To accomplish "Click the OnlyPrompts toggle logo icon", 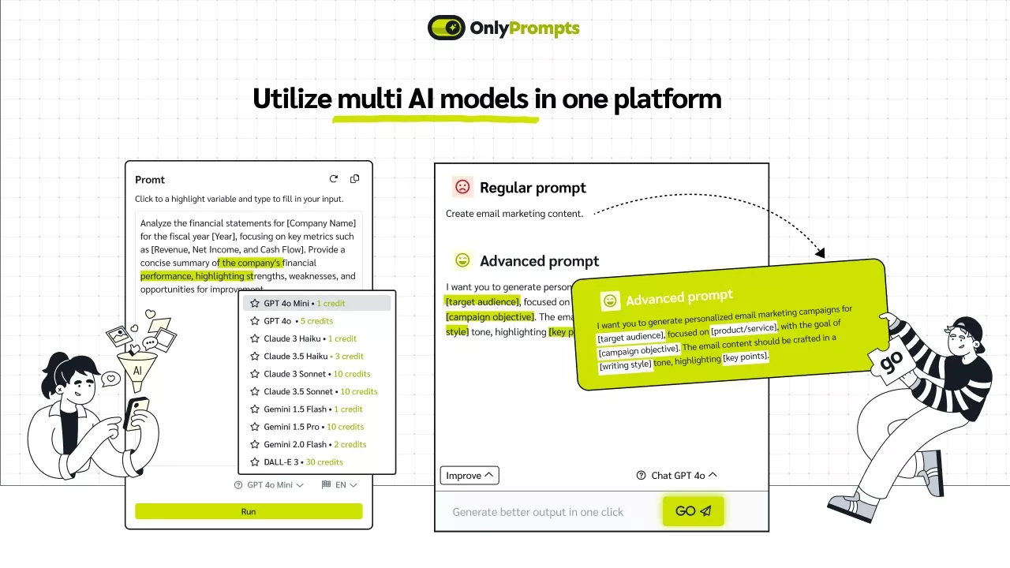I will click(446, 28).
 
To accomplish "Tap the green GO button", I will click(693, 511).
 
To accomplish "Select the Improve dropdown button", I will click(469, 476).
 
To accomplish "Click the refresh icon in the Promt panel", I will click(333, 179).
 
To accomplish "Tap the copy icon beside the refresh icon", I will click(354, 179).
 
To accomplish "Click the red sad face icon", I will click(462, 187).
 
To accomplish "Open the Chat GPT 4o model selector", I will click(677, 476).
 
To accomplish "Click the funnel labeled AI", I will click(137, 369).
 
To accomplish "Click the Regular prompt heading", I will click(533, 188).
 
